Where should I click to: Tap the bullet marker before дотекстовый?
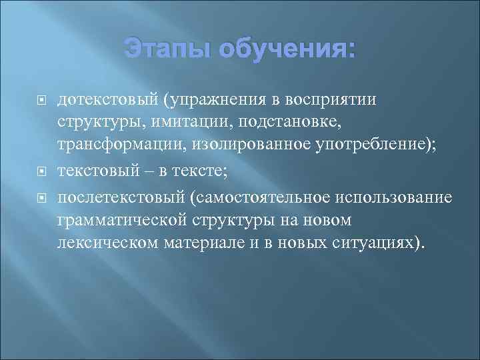(x=39, y=101)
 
